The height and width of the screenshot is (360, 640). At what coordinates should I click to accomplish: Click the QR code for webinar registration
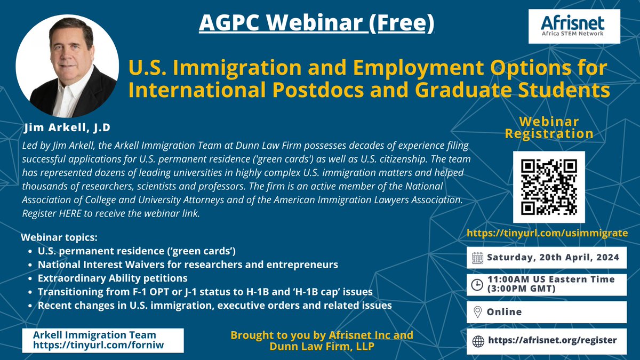(549, 187)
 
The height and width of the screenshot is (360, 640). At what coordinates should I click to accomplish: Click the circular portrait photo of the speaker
(67, 66)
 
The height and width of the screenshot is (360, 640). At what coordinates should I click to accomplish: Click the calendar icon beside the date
(478, 258)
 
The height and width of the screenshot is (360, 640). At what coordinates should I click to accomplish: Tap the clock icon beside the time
(478, 284)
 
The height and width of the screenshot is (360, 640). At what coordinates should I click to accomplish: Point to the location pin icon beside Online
(478, 312)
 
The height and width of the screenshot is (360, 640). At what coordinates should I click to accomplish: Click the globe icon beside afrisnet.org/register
(478, 340)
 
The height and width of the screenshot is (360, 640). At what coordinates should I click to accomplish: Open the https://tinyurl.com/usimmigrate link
(547, 233)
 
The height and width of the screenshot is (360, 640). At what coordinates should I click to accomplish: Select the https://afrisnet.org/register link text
(551, 340)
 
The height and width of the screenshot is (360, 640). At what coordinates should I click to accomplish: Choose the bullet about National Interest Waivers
(188, 265)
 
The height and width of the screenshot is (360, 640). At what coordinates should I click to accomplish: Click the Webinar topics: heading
(59, 237)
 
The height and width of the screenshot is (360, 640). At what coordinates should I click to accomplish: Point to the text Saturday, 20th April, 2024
(553, 258)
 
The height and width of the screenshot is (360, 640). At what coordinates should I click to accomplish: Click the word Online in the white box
(504, 312)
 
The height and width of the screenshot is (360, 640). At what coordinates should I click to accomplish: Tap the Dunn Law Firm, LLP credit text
(322, 346)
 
